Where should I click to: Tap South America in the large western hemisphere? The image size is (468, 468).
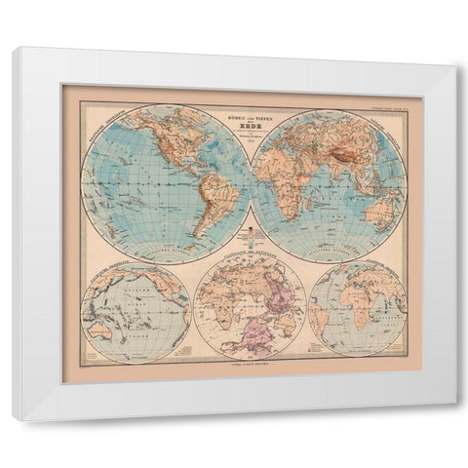tap(201, 201)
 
